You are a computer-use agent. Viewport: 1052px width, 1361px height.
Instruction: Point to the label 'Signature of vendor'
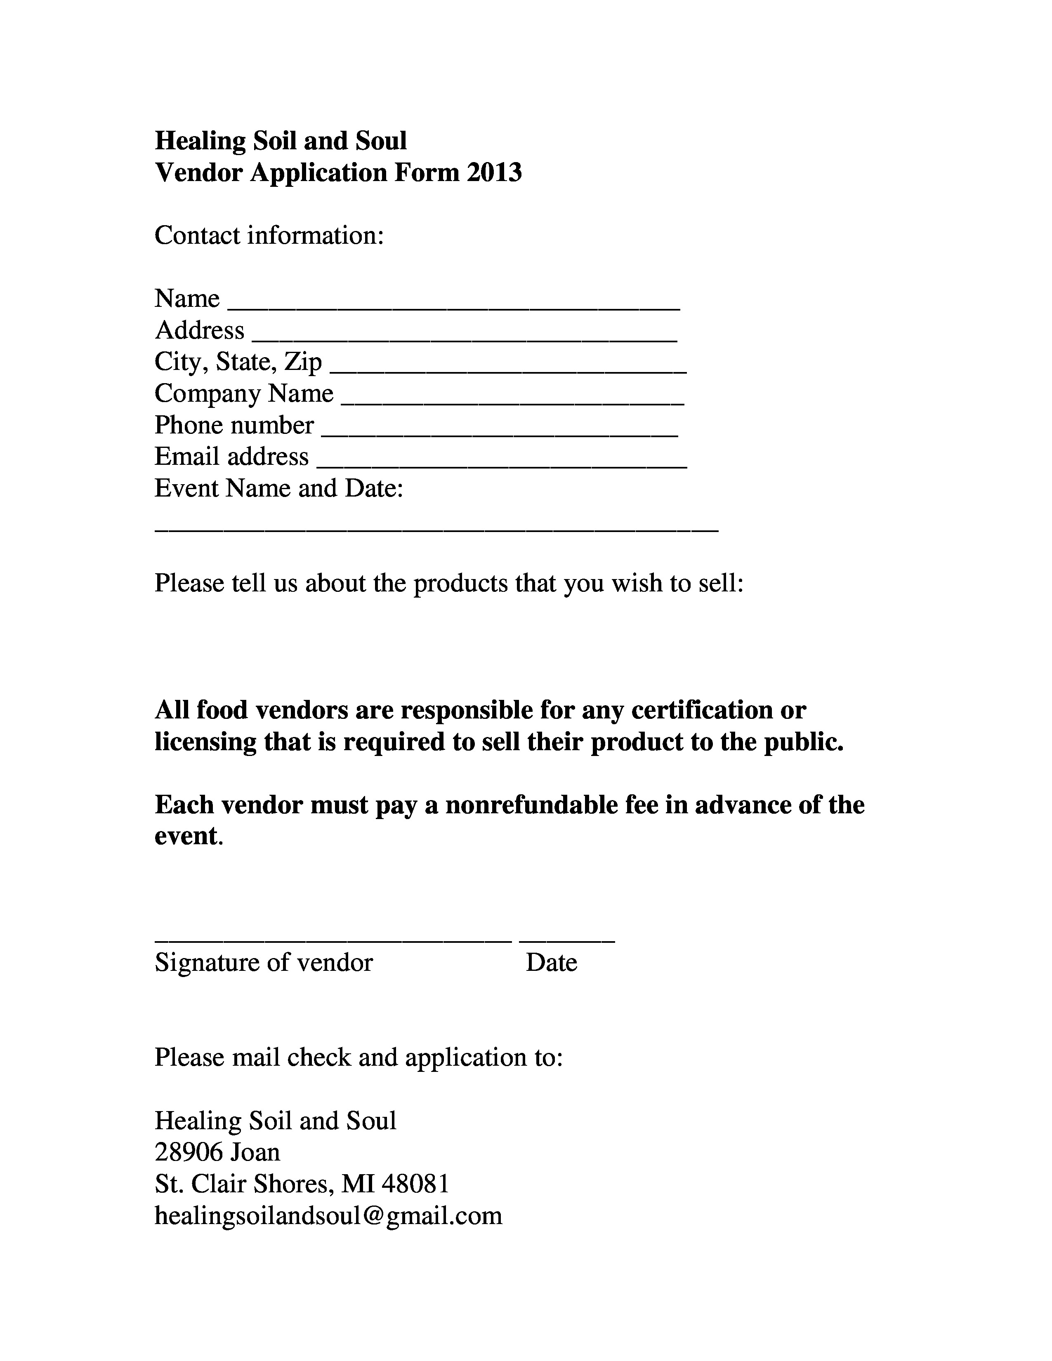click(x=264, y=962)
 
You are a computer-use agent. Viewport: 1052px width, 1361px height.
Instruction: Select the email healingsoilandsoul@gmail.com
click(x=328, y=1215)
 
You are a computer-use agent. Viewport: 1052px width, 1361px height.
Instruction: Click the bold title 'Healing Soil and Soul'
click(x=281, y=141)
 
